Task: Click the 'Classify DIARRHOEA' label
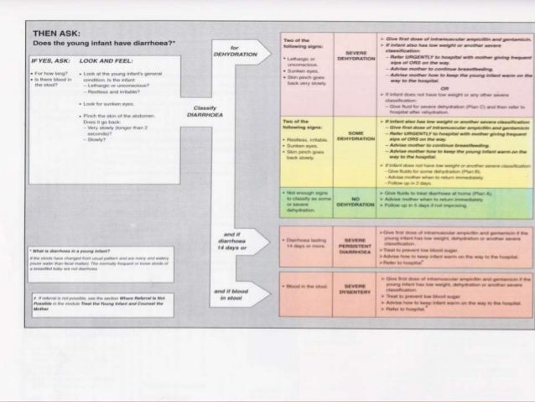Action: pyautogui.click(x=205, y=112)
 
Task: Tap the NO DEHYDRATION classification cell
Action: pyautogui.click(x=348, y=200)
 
